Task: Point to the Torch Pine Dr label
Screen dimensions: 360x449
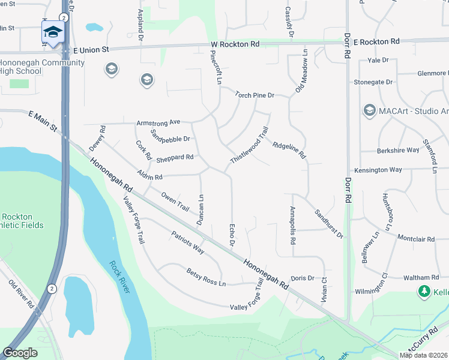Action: coord(255,95)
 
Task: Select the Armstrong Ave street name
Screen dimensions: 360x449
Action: coord(158,122)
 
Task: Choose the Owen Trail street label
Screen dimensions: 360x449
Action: coord(175,200)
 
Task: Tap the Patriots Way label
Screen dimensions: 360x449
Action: coord(188,242)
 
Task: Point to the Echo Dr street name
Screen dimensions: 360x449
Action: coord(232,234)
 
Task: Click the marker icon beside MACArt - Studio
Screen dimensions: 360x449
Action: coord(370,110)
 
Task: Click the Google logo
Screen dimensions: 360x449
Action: coord(20,352)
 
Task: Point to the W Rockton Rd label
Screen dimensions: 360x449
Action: coord(235,44)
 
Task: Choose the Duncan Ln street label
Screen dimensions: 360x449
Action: coord(201,210)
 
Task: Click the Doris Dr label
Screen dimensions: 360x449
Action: coord(303,278)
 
